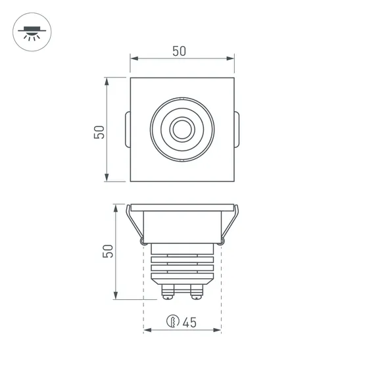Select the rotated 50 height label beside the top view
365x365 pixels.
pyautogui.click(x=99, y=132)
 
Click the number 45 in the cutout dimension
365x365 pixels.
pyautogui.click(x=190, y=322)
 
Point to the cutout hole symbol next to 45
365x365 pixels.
pyautogui.click(x=172, y=322)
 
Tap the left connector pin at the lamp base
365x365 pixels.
pyautogui.click(x=167, y=290)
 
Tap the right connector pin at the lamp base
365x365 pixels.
pyautogui.click(x=197, y=290)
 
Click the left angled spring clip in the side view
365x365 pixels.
pyautogui.click(x=134, y=226)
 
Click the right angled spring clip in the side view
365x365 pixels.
pyautogui.click(x=230, y=226)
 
